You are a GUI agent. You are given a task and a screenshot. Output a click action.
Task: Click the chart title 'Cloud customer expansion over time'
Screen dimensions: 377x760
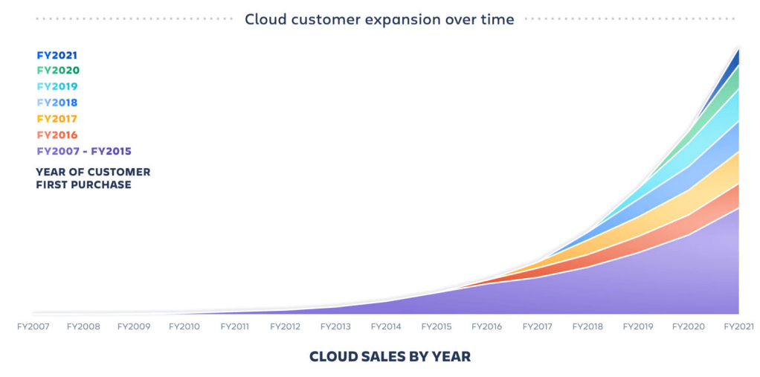tap(379, 19)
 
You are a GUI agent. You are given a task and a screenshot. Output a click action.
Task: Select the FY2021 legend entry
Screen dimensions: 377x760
tap(57, 55)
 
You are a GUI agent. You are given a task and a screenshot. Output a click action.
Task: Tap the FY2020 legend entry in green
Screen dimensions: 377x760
tap(58, 71)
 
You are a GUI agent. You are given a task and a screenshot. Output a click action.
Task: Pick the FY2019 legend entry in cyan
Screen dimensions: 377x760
tap(57, 87)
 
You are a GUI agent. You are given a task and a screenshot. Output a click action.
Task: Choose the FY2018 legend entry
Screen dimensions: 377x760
tap(57, 103)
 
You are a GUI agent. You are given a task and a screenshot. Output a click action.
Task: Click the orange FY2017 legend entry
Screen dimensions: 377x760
tap(57, 119)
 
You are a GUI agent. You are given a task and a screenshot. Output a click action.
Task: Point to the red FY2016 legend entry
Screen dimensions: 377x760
tap(57, 135)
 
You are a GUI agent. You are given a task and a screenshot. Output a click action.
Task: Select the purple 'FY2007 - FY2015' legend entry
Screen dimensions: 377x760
tap(83, 152)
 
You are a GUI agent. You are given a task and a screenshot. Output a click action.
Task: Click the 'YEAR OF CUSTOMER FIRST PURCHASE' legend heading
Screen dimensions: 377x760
tap(93, 178)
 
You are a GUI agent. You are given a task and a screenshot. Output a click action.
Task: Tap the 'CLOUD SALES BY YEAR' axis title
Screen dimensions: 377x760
tap(390, 357)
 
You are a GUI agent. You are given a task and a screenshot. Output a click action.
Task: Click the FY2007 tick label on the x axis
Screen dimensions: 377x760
tap(33, 326)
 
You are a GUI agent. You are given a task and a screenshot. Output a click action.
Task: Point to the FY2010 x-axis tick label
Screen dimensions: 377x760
tap(184, 326)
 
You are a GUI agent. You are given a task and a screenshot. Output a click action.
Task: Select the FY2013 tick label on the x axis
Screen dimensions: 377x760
tap(336, 326)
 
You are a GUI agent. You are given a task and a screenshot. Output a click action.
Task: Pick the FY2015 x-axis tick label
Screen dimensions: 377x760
tap(437, 326)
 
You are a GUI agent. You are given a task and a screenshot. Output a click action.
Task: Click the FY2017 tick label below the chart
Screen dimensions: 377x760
tap(538, 326)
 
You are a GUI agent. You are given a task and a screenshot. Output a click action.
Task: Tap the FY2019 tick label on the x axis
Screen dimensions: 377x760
tap(639, 326)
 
